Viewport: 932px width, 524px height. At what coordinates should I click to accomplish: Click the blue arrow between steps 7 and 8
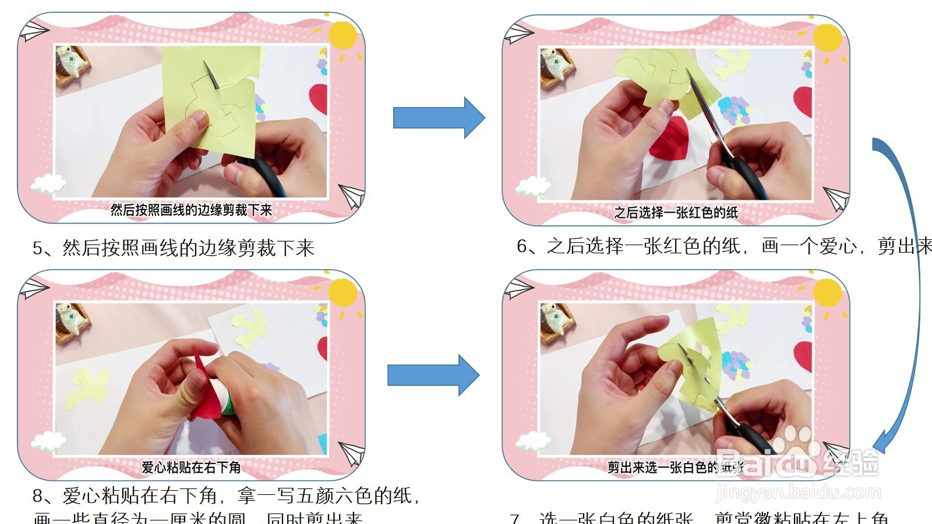433,375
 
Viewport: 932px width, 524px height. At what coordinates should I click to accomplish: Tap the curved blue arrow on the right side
909,291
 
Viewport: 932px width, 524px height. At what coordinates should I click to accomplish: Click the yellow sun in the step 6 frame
827,38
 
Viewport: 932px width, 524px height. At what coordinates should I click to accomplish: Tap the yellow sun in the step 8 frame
343,292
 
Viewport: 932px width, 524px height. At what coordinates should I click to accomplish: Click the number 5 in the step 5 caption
38,249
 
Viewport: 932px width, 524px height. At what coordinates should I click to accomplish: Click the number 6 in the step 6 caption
523,246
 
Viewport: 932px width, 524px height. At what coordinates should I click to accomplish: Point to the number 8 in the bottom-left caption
38,496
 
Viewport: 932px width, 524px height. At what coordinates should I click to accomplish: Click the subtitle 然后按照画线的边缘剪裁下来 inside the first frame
191,210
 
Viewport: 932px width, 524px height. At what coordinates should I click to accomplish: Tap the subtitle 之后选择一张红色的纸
676,213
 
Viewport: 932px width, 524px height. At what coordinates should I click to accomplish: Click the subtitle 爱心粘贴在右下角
191,467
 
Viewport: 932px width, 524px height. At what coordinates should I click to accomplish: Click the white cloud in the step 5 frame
48,184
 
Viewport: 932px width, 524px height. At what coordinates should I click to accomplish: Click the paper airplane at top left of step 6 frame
518,34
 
